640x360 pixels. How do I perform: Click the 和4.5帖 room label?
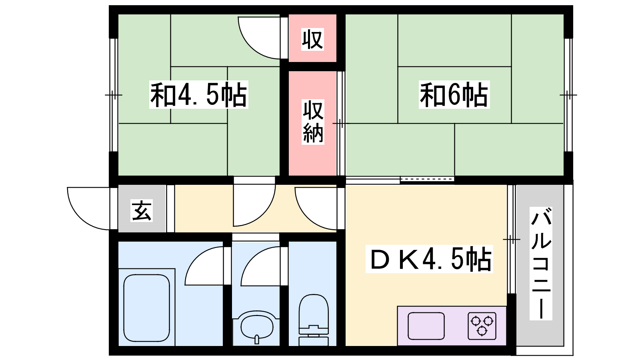tap(198, 94)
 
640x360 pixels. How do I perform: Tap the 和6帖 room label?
tap(454, 94)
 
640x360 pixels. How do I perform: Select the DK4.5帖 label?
tap(430, 259)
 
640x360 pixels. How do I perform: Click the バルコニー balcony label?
tap(541, 264)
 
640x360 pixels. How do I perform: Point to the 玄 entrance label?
tap(142, 210)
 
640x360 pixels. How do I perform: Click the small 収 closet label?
tap(312, 40)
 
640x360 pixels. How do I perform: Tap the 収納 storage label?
tap(313, 122)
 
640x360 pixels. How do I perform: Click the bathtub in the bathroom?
tap(146, 308)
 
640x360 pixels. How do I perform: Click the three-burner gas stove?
tap(482, 326)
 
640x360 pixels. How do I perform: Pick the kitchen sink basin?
tap(426, 326)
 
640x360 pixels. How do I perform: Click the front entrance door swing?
tap(88, 208)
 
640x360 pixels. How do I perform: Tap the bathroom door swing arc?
tap(204, 266)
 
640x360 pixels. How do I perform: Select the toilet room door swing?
tap(260, 266)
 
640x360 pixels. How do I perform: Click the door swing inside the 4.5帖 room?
tap(259, 38)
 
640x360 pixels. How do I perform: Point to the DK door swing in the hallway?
tap(316, 208)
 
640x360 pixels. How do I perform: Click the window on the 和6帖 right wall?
tap(568, 95)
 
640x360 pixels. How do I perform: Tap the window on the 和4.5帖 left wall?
tap(114, 95)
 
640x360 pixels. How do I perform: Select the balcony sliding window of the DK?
tap(512, 239)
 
